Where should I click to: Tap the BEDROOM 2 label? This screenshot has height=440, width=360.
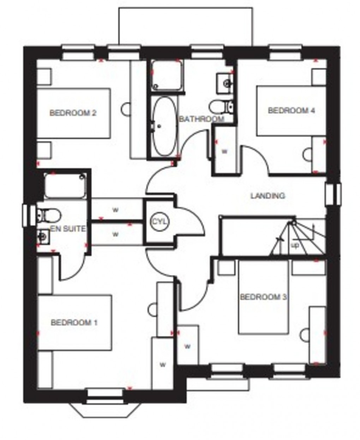click(x=73, y=113)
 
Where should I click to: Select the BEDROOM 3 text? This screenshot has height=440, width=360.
click(x=263, y=297)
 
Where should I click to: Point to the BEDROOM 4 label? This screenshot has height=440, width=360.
click(x=291, y=111)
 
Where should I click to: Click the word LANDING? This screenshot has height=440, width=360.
click(x=268, y=195)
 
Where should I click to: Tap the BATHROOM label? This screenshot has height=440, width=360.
click(x=202, y=119)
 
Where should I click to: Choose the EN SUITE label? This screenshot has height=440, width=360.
click(x=68, y=229)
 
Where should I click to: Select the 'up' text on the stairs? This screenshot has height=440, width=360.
click(x=295, y=245)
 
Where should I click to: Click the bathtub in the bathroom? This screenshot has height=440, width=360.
click(x=164, y=126)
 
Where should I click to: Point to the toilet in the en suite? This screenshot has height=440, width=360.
click(x=49, y=215)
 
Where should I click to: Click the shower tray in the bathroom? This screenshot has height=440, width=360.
click(x=167, y=76)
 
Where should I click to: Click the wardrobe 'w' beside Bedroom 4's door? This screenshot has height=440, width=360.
click(x=224, y=151)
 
